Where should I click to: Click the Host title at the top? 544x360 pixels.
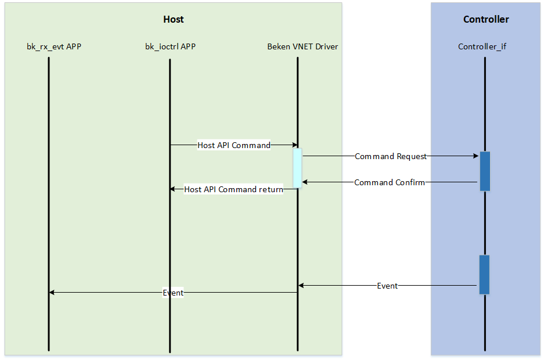point(173,19)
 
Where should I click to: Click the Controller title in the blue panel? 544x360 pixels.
point(486,19)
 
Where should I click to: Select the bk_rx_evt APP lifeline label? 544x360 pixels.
point(54,46)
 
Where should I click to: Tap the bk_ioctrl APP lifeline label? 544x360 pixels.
point(170,46)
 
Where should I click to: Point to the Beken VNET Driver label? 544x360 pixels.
point(302,46)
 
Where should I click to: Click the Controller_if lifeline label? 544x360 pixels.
point(482,46)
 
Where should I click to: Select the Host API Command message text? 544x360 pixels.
point(234,145)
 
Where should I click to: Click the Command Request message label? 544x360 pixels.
point(391,156)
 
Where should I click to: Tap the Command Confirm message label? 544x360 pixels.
point(390,182)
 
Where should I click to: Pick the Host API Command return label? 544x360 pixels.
point(233,189)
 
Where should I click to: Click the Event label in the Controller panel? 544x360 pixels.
point(387,286)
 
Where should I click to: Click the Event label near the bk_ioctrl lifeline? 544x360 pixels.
point(173,293)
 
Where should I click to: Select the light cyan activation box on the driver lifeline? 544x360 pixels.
point(297,168)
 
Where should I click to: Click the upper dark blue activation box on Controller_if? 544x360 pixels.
point(485,171)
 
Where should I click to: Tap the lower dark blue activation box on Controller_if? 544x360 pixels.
point(485,275)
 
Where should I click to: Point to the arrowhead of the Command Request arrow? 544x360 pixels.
point(477,156)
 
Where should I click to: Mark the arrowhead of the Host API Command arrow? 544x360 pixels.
point(295,145)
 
